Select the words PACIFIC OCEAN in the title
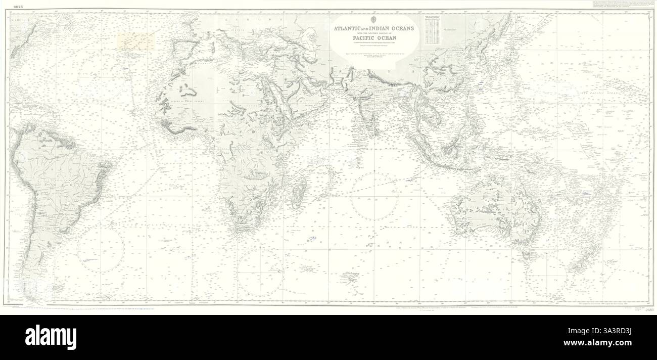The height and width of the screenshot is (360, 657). point(374,37)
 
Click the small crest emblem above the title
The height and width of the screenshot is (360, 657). point(374,20)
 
